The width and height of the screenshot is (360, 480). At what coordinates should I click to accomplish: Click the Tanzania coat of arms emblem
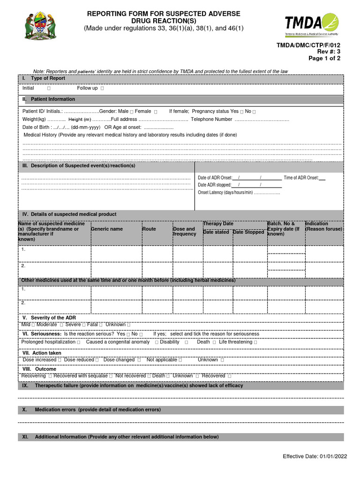tap(41, 26)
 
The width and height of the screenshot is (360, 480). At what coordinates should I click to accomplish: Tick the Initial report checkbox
tap(49, 89)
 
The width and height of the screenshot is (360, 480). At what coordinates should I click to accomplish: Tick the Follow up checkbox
tap(103, 89)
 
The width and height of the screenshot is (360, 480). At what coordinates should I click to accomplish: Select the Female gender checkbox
tap(156, 112)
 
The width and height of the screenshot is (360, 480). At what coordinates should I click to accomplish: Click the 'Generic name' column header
tap(107, 229)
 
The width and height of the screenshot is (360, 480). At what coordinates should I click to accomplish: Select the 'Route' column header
tap(150, 229)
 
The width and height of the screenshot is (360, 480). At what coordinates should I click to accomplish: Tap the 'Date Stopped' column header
tap(248, 232)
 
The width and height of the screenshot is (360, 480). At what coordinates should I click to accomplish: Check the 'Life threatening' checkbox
tap(255, 342)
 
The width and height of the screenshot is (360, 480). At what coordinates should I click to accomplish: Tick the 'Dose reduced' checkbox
tap(97, 360)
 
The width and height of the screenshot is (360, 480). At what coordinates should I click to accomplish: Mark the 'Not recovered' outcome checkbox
tap(149, 376)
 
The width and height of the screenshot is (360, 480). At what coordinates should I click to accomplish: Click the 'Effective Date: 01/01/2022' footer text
tap(315, 457)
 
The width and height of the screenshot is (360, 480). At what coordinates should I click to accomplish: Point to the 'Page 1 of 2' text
tap(324, 59)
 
